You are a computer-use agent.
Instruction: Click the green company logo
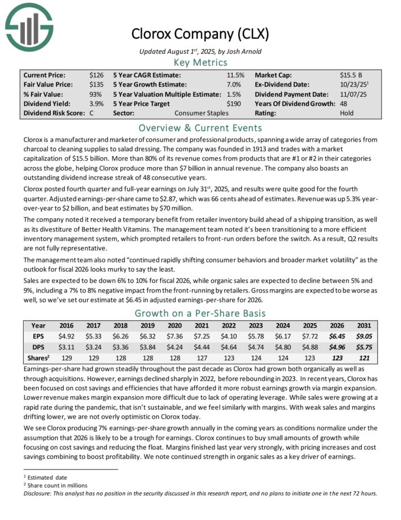[28, 25]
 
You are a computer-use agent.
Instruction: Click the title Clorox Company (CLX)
[200, 33]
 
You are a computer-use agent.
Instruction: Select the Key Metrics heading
[200, 62]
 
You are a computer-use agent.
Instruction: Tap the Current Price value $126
[96, 75]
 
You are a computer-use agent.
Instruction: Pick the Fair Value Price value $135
[96, 84]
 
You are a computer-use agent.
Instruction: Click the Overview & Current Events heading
[200, 127]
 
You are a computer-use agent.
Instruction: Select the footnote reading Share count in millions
[56, 484]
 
